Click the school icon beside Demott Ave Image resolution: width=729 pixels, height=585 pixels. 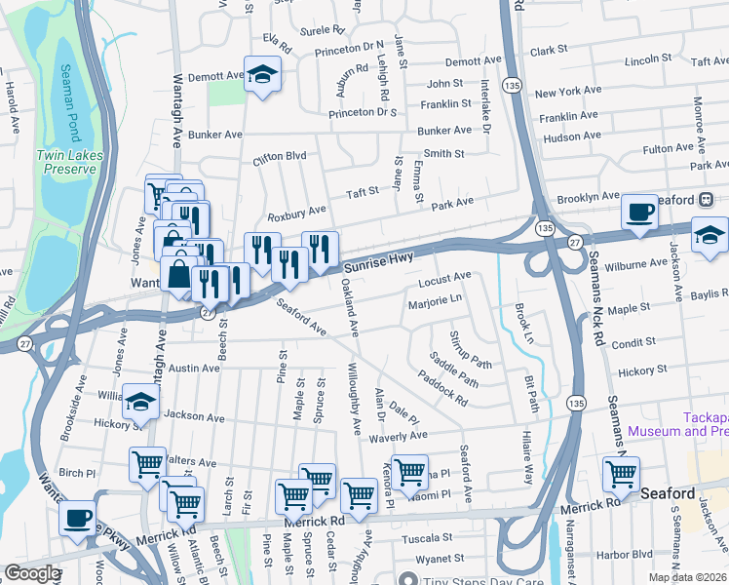click(262, 76)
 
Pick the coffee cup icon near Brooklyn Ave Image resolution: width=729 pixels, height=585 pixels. click(639, 212)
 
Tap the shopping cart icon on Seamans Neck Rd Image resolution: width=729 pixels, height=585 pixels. click(621, 474)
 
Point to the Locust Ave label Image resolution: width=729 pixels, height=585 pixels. click(444, 279)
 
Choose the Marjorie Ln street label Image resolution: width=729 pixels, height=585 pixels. click(435, 299)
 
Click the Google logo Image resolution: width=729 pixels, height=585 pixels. click(32, 573)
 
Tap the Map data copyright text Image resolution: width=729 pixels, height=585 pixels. click(688, 577)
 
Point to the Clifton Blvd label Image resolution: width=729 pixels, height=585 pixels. click(280, 156)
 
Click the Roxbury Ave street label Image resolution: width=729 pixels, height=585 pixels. click(297, 211)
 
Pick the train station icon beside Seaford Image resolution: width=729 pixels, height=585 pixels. click(705, 199)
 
